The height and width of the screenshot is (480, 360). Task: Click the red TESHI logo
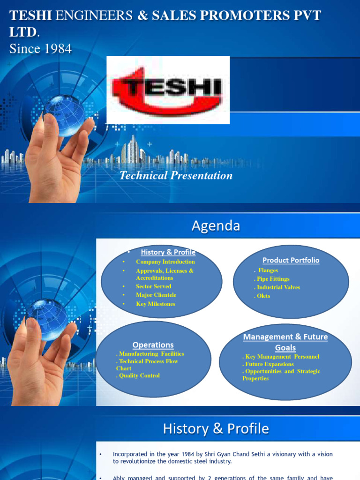(x=168, y=90)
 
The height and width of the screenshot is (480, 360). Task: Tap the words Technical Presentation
(x=176, y=175)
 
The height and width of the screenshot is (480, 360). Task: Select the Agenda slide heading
(x=216, y=226)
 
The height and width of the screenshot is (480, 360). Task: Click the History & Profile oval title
(x=168, y=252)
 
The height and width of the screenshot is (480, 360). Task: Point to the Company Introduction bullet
(x=165, y=262)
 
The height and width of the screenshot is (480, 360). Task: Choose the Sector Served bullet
(x=153, y=286)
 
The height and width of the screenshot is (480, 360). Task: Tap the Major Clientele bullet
(x=156, y=295)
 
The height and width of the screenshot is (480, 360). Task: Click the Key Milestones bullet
(x=155, y=304)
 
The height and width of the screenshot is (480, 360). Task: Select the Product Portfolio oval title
(x=291, y=260)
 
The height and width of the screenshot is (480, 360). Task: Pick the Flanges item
(x=268, y=270)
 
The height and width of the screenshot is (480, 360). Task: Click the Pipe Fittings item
(x=273, y=279)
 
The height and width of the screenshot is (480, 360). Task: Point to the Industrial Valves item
(x=278, y=287)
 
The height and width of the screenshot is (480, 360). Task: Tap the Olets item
(x=263, y=296)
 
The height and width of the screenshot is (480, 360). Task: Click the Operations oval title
(x=153, y=345)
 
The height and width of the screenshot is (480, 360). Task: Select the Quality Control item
(x=139, y=375)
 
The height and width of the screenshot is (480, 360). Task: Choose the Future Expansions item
(x=270, y=364)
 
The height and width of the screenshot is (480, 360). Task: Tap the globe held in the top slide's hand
(x=64, y=115)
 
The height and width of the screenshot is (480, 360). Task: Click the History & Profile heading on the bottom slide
(x=216, y=428)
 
